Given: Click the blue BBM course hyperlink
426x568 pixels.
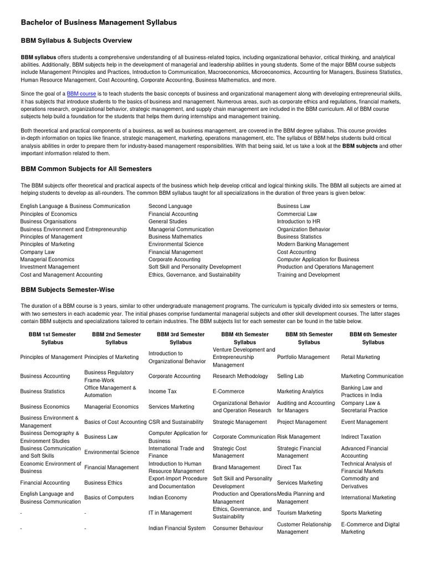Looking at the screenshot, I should [82, 94].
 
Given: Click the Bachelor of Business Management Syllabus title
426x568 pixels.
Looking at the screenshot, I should [99, 22].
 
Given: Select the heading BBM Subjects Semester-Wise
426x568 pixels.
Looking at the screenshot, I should [68, 290].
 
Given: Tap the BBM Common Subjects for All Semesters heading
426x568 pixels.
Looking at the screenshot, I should [86, 169].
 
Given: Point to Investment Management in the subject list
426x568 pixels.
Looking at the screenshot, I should [50, 267].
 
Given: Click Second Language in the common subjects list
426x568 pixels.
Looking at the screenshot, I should [170, 206].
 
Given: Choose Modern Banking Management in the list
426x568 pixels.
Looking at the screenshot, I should [313, 244].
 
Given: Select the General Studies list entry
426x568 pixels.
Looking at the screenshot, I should [168, 221].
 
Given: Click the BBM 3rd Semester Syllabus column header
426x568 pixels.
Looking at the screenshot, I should [181, 338].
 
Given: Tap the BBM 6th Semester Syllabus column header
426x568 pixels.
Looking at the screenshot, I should [373, 338].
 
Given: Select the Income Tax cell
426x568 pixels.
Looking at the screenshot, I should [163, 392].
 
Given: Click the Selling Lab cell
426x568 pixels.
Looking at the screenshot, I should [290, 376].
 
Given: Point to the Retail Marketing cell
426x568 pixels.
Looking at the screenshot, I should [361, 357].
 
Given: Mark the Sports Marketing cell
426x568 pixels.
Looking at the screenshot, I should [361, 513].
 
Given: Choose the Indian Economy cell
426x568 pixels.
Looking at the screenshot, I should [168, 498].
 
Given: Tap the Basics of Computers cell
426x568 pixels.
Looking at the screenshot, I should [109, 498].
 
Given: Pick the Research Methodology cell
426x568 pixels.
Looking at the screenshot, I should [240, 376].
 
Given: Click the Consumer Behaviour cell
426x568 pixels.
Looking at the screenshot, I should [238, 529].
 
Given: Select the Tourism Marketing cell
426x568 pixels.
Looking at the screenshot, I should [299, 513].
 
